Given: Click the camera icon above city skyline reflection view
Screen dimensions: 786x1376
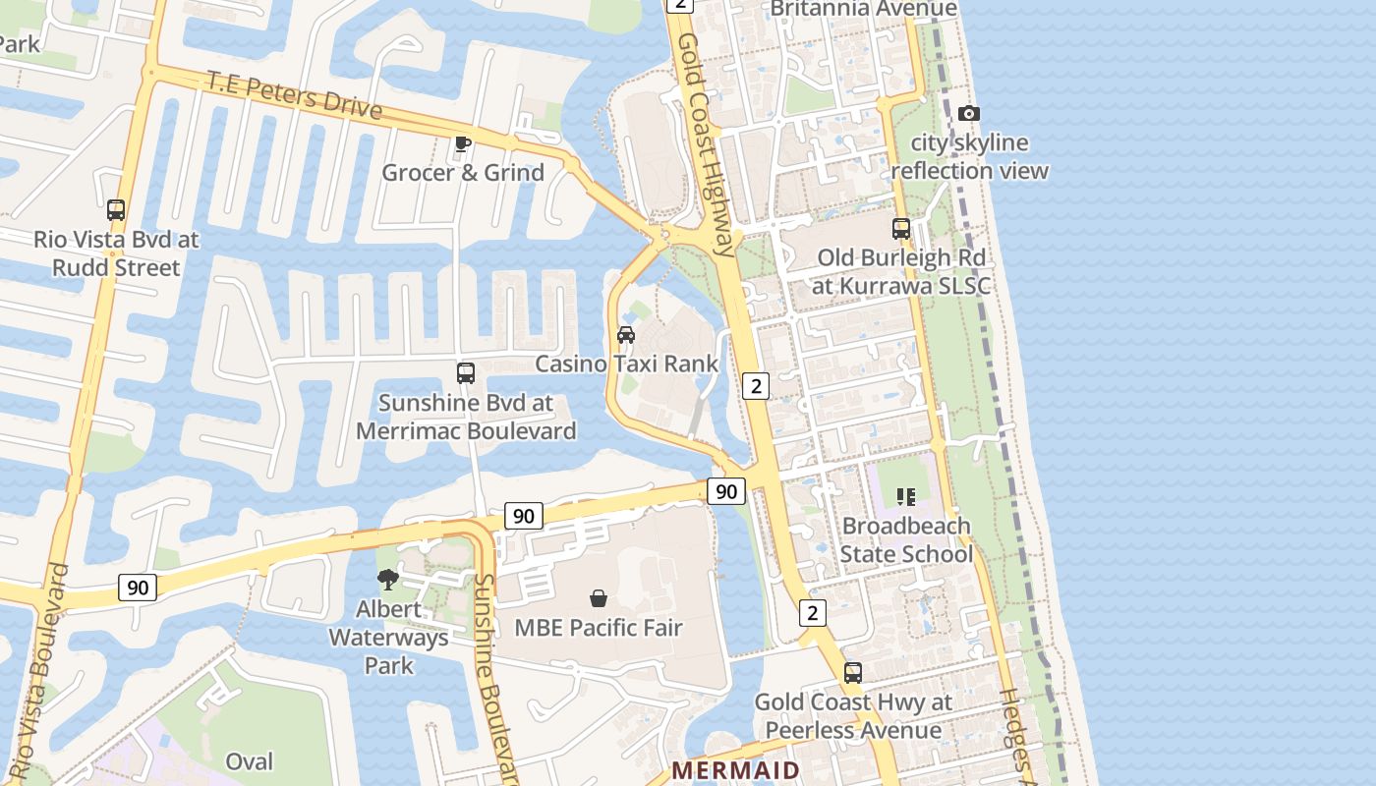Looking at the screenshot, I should coord(968,113).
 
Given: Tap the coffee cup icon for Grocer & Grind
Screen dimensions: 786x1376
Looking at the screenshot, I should coord(463,144).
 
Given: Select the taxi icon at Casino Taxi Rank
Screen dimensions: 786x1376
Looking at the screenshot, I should coord(626,334).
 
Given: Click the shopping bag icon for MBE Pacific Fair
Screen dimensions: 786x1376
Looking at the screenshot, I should coord(598,597).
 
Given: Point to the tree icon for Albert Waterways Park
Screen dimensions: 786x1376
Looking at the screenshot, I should coord(388,579).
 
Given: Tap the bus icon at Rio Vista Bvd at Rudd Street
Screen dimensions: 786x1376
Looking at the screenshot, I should coord(116,209).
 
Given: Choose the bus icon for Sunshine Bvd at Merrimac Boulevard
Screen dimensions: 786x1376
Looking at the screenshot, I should coord(466,373).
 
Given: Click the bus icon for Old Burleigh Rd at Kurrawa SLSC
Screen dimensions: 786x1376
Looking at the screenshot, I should coord(901,229).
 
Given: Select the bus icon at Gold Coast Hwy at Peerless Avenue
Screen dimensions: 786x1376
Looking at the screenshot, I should coord(853,673).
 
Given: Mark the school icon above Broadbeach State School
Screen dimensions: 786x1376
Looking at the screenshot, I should coord(905,497).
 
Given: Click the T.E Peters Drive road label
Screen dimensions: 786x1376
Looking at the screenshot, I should coord(294,95).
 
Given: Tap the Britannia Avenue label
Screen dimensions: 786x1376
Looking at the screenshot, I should coord(863,9).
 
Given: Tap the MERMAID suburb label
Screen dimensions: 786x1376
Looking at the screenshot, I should coord(735,769).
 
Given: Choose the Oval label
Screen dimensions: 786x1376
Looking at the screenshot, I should coord(250,761).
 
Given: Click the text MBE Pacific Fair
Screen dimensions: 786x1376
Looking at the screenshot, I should coord(598,628).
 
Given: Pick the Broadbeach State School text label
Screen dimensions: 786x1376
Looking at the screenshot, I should coord(905,540).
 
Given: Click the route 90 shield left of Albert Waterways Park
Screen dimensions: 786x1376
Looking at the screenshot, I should coord(138,588).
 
